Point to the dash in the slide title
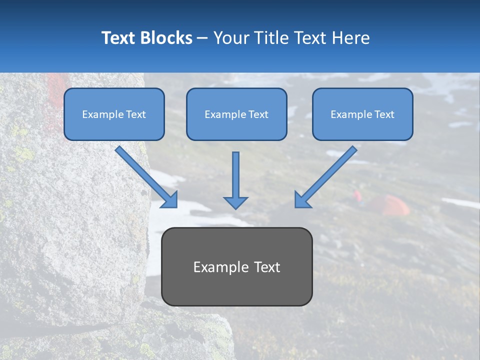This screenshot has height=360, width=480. coord(202,38)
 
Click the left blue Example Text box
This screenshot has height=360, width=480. coord(114,114)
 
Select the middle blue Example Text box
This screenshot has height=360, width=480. coord(236,114)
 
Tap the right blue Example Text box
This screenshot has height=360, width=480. coord(362,114)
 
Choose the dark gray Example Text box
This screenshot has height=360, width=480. coord(236,266)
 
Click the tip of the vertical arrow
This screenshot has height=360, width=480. coord(235,207)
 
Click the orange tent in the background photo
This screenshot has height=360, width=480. coord(390,205)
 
